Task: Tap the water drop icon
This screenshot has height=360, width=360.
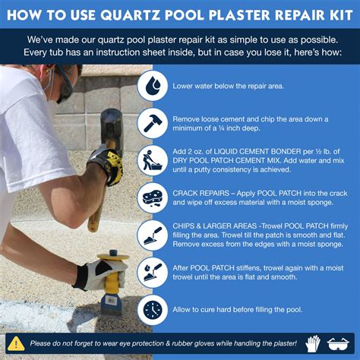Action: tap(153, 87)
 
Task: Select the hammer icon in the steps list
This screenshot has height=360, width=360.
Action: tap(153, 124)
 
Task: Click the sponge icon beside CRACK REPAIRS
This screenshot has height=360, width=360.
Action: tap(153, 198)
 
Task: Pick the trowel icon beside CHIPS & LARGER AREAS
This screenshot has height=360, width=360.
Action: tap(153, 235)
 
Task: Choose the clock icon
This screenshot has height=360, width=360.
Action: tap(153, 309)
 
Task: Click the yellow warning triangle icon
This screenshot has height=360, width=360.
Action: tap(16, 343)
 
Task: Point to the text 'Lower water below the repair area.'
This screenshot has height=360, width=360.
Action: tap(228, 87)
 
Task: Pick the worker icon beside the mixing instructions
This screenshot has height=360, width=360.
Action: tap(153, 161)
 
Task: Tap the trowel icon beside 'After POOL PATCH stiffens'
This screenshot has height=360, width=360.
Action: tap(153, 272)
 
